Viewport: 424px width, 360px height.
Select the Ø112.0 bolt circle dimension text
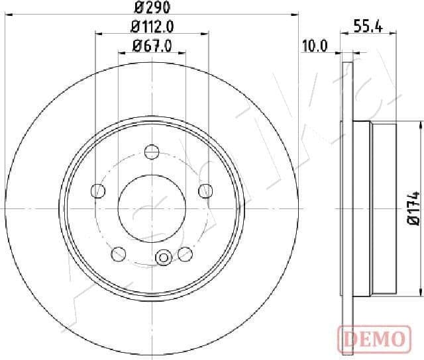click(152, 27)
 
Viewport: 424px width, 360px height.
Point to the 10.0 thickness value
click(315, 46)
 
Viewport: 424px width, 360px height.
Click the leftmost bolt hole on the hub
click(98, 191)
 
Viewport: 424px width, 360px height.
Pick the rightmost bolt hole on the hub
click(205, 191)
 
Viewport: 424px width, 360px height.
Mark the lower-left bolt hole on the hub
click(119, 253)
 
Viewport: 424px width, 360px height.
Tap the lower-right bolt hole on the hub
click(185, 253)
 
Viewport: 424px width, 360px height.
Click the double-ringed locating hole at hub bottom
click(162, 256)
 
